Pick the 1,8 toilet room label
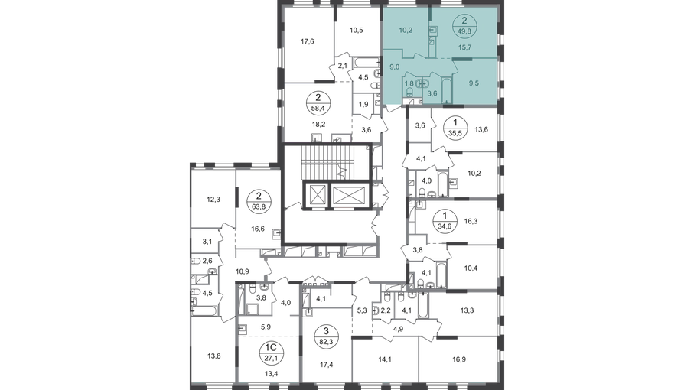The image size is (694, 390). [x=409, y=83]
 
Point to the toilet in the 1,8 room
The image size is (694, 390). [x=410, y=93]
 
